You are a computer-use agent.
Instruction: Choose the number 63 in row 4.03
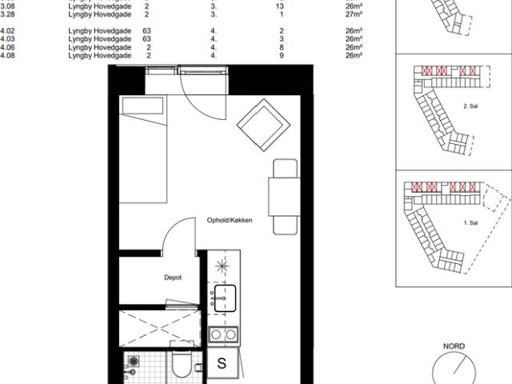click(146, 38)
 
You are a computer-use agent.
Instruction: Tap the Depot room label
click(172, 278)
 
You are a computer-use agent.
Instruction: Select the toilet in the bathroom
click(180, 367)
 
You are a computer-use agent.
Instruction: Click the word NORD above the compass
click(454, 346)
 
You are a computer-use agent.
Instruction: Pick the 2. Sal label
click(470, 106)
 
